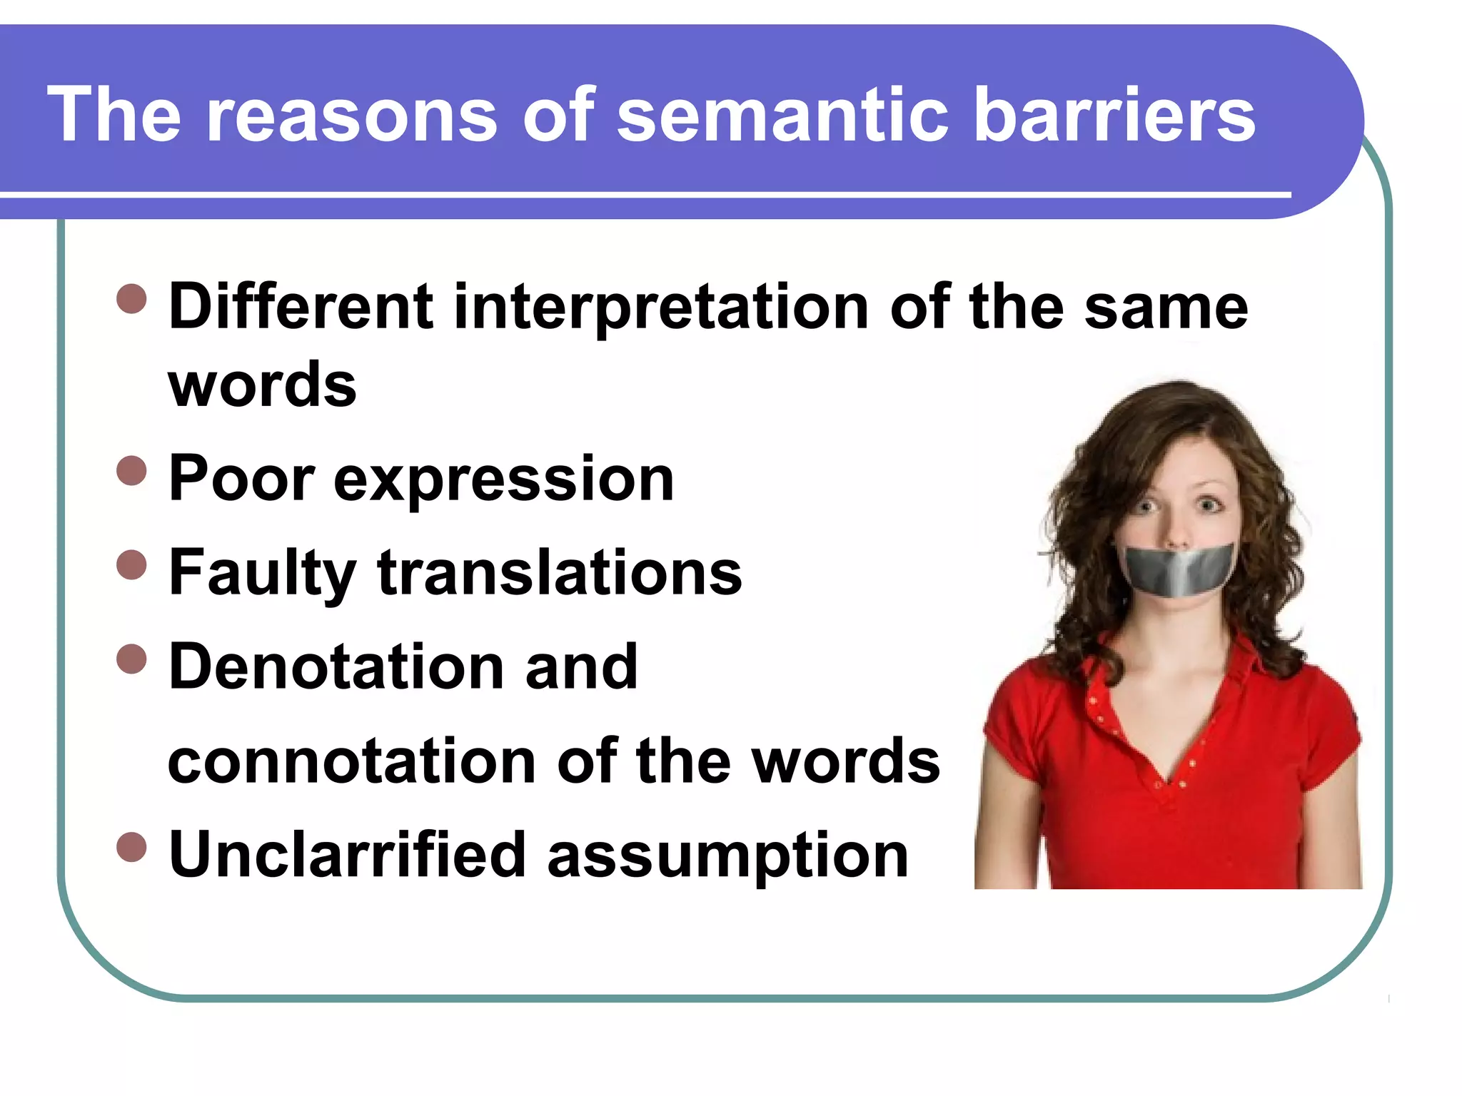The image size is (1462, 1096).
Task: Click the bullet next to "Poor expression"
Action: (x=131, y=471)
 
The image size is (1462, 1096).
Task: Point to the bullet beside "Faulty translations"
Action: (x=131, y=565)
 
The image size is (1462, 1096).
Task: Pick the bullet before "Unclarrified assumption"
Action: (x=131, y=848)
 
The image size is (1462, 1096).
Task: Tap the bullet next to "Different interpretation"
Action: (x=131, y=299)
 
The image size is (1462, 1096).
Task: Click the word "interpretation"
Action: (x=661, y=308)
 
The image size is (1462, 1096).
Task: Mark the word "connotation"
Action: (x=351, y=761)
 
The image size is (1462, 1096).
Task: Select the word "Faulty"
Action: (x=262, y=574)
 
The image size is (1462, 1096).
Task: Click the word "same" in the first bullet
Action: (x=1166, y=308)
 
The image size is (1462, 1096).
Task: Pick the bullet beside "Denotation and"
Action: (x=131, y=659)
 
